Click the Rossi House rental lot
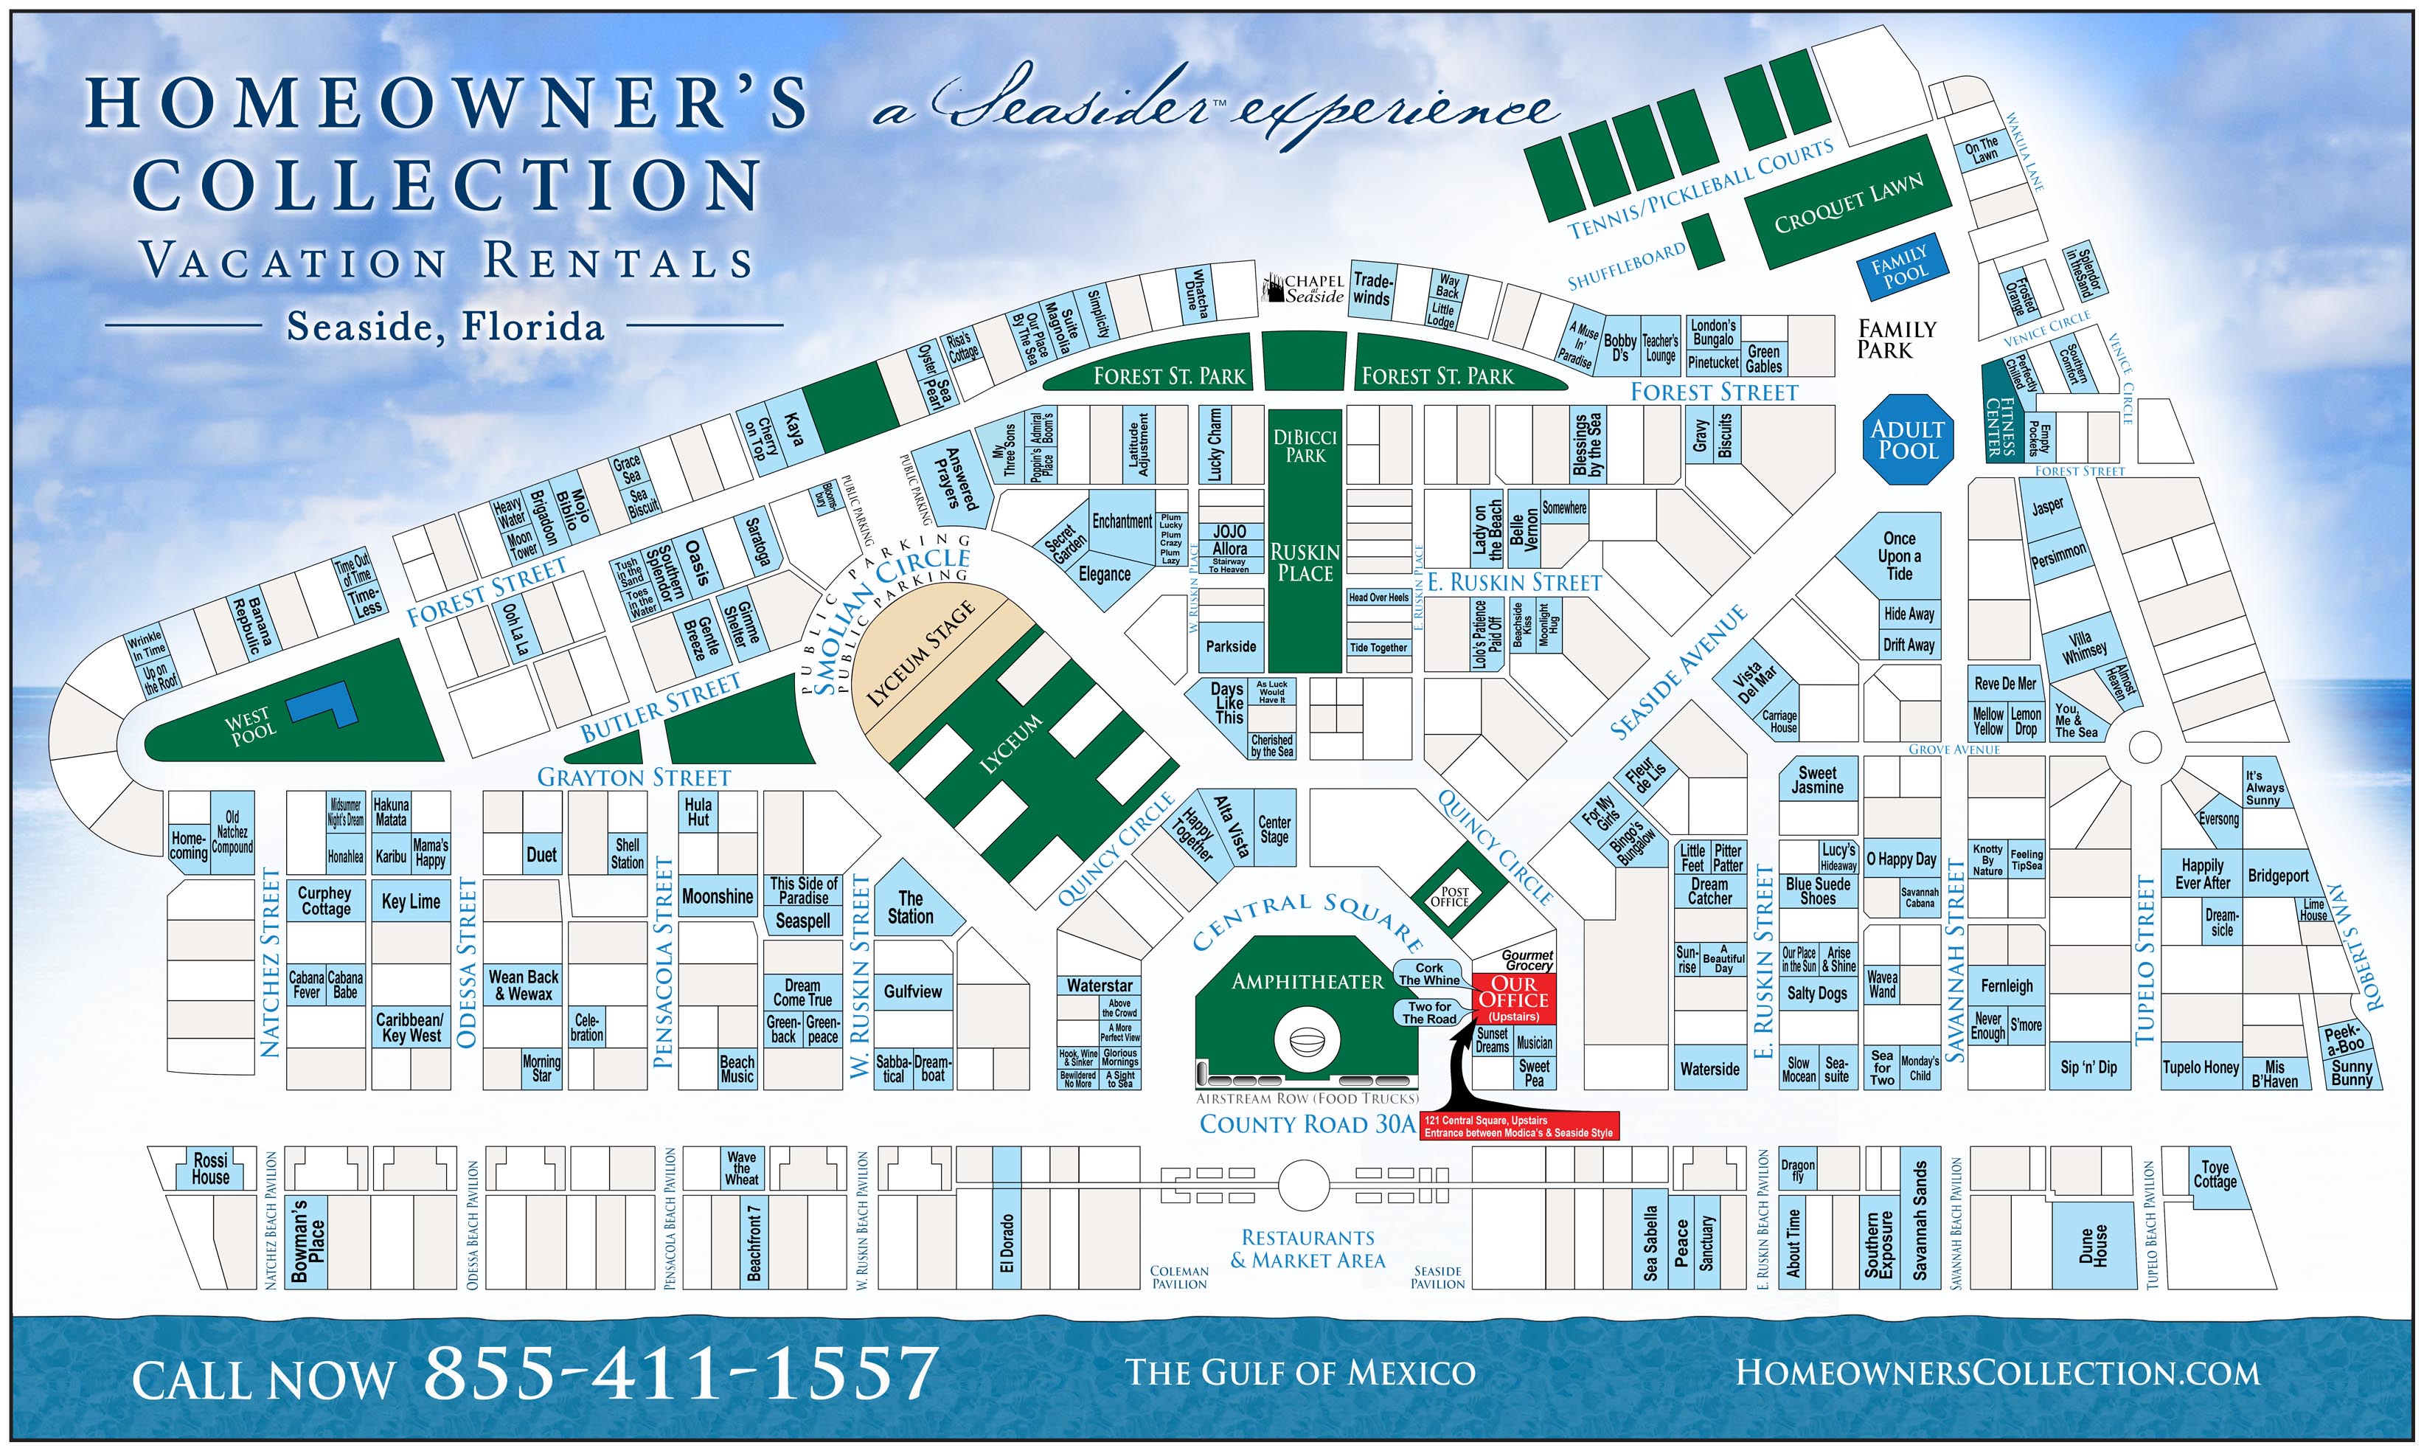pyautogui.click(x=210, y=1168)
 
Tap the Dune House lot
pyautogui.click(x=2091, y=1246)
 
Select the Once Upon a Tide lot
pyautogui.click(x=1898, y=556)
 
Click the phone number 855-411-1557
pyautogui.click(x=679, y=1373)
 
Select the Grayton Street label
pyautogui.click(x=633, y=778)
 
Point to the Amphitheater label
pyautogui.click(x=1307, y=980)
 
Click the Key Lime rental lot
pyautogui.click(x=411, y=901)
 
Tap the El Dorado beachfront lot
pyautogui.click(x=1007, y=1242)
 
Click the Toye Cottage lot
pyautogui.click(x=2214, y=1174)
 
